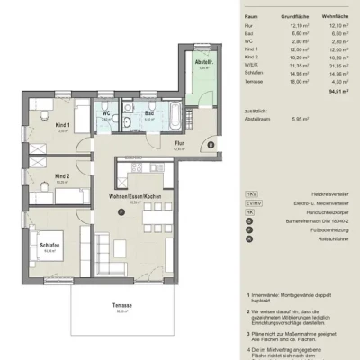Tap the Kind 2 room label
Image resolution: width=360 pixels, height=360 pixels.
pos(61,176)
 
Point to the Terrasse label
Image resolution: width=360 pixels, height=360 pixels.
pos(123,306)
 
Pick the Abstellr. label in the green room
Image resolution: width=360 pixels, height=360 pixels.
pos(203,62)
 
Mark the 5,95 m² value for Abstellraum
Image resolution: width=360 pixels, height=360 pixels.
pos(302,119)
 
